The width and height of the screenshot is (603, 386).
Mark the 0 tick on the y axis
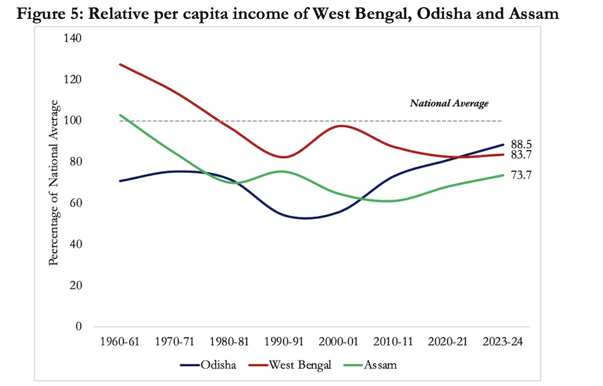point(78,326)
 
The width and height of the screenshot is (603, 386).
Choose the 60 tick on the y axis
point(75,203)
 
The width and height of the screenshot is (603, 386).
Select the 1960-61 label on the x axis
point(120,341)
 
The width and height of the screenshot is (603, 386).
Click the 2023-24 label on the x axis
point(501,341)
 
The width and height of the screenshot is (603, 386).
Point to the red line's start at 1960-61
point(120,64)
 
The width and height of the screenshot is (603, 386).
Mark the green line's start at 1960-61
point(120,115)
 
